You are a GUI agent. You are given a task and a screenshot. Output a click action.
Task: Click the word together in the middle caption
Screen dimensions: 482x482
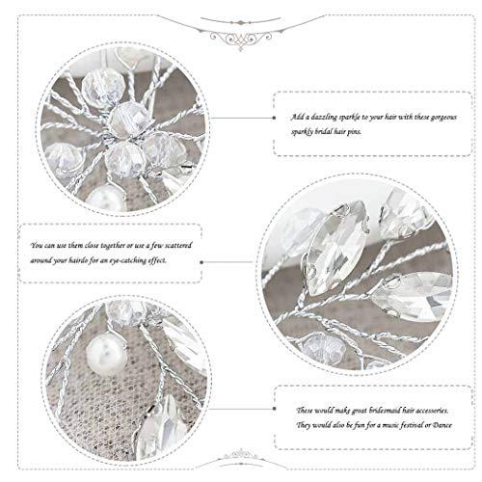point(103,245)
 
